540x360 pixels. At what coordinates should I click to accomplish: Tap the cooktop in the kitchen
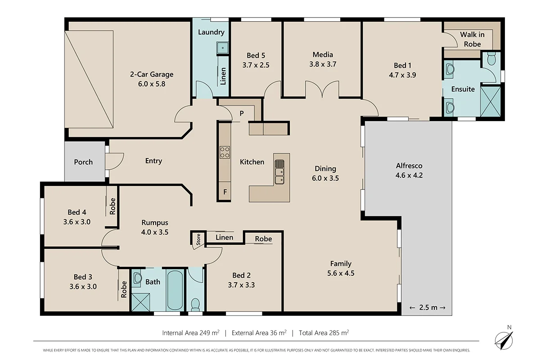(225, 152)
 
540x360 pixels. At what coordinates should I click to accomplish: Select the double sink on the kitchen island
(279, 172)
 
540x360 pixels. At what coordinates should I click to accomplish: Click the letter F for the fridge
(225, 192)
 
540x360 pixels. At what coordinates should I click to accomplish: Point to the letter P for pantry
(242, 113)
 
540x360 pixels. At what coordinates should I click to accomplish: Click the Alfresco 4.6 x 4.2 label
(409, 171)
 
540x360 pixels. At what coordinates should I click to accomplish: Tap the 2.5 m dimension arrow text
(427, 307)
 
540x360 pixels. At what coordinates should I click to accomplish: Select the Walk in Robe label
(470, 39)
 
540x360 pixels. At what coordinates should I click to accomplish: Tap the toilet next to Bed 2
(196, 304)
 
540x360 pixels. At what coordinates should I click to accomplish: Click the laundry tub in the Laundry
(222, 48)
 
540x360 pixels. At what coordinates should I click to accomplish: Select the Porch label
(83, 162)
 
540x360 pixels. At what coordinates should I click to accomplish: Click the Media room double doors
(322, 89)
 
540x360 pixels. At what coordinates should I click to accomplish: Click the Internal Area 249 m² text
(191, 333)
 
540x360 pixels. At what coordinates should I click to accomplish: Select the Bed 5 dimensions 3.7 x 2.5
(256, 64)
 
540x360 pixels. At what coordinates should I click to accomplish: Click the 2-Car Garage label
(152, 79)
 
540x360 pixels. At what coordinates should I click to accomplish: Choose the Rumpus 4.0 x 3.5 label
(155, 227)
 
